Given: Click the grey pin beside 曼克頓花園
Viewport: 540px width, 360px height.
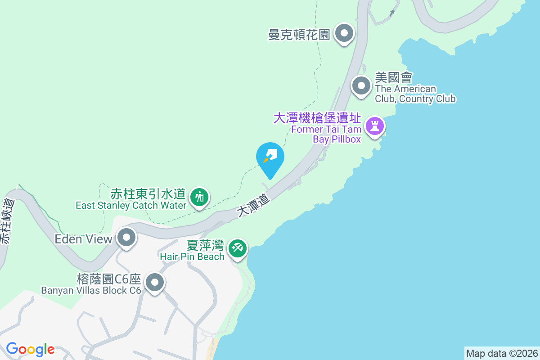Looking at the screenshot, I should (x=345, y=33).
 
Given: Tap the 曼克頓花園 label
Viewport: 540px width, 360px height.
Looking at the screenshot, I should (x=299, y=34).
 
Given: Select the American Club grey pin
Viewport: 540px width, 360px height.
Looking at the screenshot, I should (x=361, y=85).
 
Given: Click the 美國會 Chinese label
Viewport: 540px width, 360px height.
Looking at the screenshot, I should (x=394, y=77).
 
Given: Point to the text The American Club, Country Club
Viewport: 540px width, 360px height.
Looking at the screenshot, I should (x=415, y=94).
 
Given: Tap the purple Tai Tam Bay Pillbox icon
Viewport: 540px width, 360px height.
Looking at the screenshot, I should (x=374, y=126).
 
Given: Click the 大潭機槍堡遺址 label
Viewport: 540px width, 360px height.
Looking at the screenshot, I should (x=317, y=118).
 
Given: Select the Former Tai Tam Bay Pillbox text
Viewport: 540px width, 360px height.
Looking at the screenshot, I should (x=326, y=134).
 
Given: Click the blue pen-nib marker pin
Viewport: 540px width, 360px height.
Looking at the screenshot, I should (x=270, y=158).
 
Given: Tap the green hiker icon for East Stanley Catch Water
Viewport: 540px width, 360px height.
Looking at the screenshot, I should (x=198, y=197).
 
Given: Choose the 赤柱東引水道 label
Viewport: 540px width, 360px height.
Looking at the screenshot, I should (x=148, y=194).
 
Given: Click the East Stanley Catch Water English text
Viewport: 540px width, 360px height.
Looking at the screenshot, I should (x=131, y=206).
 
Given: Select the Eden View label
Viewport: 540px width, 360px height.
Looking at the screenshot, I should (x=83, y=239).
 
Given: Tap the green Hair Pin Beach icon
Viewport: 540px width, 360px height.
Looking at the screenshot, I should (x=237, y=247).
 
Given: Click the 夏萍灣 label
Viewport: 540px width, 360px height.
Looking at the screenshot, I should (x=205, y=246).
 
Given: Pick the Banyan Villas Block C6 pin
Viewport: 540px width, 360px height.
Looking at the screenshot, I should (x=155, y=283).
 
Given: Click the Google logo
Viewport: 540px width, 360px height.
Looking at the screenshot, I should (x=30, y=349).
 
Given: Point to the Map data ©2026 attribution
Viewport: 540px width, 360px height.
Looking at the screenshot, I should (x=502, y=353).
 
